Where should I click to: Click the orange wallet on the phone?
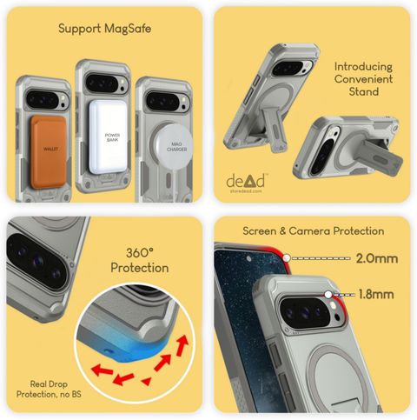(x=48, y=152)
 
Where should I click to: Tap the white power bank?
(x=108, y=137)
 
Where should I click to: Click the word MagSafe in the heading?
(x=128, y=29)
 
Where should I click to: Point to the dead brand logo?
(x=246, y=181)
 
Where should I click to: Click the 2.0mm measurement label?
(x=377, y=258)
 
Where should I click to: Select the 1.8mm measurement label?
(x=376, y=294)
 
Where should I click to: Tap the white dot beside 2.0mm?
(x=287, y=258)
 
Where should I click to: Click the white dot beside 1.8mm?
(x=328, y=295)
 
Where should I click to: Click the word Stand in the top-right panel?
(x=364, y=91)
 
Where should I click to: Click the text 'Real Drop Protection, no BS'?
(x=49, y=389)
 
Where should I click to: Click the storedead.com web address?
(x=246, y=191)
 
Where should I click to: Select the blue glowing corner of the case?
(x=132, y=348)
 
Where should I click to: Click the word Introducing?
(x=363, y=67)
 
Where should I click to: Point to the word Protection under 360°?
(x=140, y=268)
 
